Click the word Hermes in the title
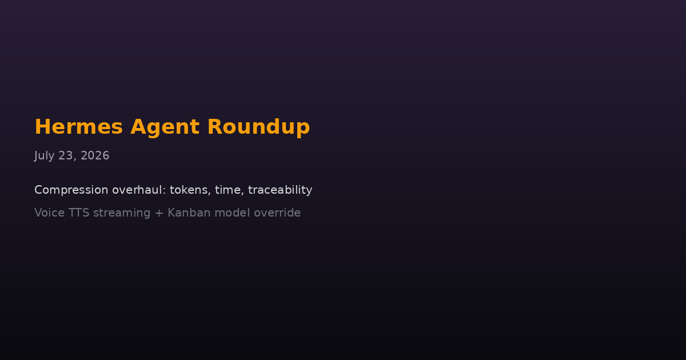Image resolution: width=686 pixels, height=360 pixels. [79, 127]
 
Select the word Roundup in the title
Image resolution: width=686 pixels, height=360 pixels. [258, 127]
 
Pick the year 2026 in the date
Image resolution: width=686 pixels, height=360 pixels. [95, 155]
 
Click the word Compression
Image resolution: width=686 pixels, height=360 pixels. [71, 190]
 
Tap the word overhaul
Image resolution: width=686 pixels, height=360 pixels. [137, 190]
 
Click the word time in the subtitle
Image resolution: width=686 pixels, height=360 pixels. [228, 190]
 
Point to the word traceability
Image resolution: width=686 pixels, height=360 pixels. [280, 190]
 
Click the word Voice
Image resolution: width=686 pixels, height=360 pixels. [49, 213]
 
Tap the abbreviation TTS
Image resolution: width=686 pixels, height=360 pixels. [79, 213]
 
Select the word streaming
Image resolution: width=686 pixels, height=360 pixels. [122, 213]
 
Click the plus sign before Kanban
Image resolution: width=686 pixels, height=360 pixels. [159, 213]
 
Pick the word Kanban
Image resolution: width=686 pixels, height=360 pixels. [189, 213]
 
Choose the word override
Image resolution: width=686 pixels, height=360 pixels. [277, 213]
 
